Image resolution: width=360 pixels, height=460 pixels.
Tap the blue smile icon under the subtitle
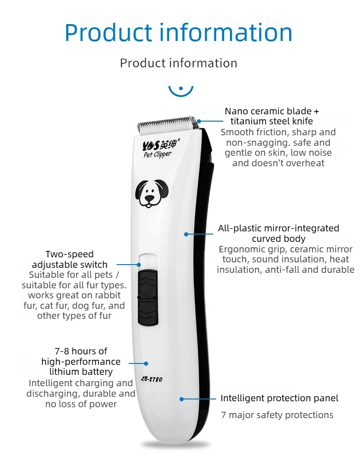(x=181, y=91)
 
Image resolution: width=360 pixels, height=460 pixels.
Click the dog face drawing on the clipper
(x=152, y=194)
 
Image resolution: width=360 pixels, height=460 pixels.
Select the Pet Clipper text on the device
(x=157, y=154)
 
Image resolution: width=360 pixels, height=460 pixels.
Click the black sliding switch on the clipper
(x=148, y=297)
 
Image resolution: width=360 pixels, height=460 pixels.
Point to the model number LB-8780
(x=151, y=379)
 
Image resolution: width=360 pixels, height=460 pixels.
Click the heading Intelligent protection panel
(x=279, y=398)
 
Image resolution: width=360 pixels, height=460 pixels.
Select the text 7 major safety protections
(x=277, y=415)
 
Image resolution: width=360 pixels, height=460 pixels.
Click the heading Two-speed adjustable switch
(x=70, y=259)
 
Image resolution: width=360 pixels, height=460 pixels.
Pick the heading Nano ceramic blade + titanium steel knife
(x=272, y=116)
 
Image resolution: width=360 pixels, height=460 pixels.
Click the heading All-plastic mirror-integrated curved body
(x=278, y=233)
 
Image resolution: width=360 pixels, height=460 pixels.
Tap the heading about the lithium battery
(x=81, y=362)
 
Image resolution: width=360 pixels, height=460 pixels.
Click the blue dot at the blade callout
(x=199, y=121)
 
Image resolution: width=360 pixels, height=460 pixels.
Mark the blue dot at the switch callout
(x=139, y=265)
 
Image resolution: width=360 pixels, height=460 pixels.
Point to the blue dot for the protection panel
(x=182, y=399)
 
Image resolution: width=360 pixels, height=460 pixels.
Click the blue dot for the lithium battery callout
(x=146, y=363)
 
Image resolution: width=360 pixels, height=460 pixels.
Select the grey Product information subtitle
(x=179, y=63)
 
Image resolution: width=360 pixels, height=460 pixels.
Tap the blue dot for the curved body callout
(x=186, y=234)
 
